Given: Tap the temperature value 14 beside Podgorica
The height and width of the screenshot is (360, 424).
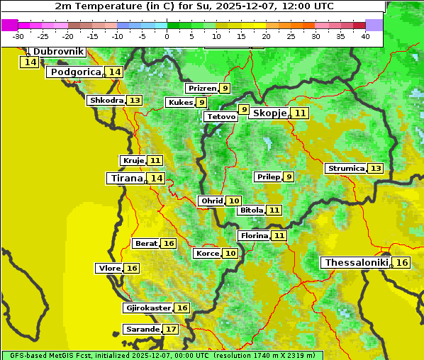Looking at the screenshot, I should click(115, 72).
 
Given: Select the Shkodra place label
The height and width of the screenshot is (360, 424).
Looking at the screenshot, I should click(106, 101).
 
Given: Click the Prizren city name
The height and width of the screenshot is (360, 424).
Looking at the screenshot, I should click(201, 89).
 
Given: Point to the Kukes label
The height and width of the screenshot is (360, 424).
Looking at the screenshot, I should click(179, 103).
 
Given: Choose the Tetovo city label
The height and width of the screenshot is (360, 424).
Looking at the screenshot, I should click(221, 116).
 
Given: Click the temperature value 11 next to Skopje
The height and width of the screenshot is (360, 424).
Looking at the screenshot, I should click(301, 113).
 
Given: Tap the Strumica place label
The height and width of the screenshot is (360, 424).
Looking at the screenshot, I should click(345, 169).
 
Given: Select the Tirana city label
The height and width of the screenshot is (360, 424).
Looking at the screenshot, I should click(125, 179).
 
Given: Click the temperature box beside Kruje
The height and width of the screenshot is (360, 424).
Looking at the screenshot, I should click(155, 161).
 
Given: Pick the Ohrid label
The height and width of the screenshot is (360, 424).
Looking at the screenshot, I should click(211, 201).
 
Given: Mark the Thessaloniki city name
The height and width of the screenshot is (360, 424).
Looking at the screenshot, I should click(356, 263).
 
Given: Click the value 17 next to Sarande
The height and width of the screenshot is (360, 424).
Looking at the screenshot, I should click(171, 330).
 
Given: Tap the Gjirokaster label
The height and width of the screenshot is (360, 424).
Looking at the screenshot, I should click(147, 308).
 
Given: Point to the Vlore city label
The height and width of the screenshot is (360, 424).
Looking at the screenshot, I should click(108, 269).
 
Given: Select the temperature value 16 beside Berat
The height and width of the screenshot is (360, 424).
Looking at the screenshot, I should click(168, 244).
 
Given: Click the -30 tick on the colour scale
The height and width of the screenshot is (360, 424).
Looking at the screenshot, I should click(18, 36).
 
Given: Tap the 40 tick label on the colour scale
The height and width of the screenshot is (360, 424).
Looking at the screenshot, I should click(365, 36).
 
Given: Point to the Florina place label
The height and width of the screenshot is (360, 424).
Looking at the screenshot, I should click(254, 235).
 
